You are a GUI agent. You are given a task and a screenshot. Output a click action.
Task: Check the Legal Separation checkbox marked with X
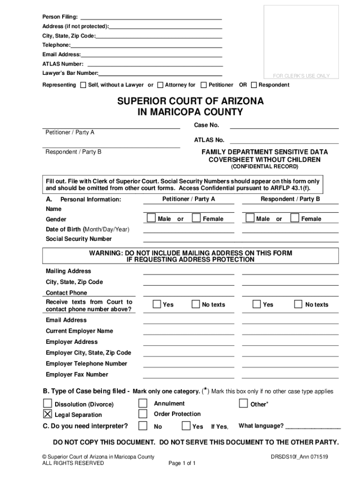coord(48,414)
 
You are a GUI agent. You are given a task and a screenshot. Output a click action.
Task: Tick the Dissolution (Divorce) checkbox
coord(48,403)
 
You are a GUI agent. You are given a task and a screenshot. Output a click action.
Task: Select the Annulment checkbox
coord(143,403)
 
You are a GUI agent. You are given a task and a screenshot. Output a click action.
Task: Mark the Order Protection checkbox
coord(143,414)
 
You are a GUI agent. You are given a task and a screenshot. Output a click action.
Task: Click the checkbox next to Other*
coord(243,403)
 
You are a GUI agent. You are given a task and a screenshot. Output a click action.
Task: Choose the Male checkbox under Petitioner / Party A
coord(151,218)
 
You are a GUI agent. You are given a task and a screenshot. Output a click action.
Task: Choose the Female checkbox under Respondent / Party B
coord(295,218)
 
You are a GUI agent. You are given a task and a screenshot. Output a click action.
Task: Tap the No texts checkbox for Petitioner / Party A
coord(196,304)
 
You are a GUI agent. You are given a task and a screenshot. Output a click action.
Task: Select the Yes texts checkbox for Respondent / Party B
coord(257,304)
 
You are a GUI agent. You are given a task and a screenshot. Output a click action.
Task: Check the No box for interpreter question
coord(143,426)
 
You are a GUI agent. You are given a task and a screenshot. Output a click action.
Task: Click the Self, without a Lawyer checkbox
coord(83,85)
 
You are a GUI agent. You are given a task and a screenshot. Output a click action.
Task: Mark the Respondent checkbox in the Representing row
coord(254,85)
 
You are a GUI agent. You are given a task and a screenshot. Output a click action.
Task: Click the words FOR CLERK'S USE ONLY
coord(301,76)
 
